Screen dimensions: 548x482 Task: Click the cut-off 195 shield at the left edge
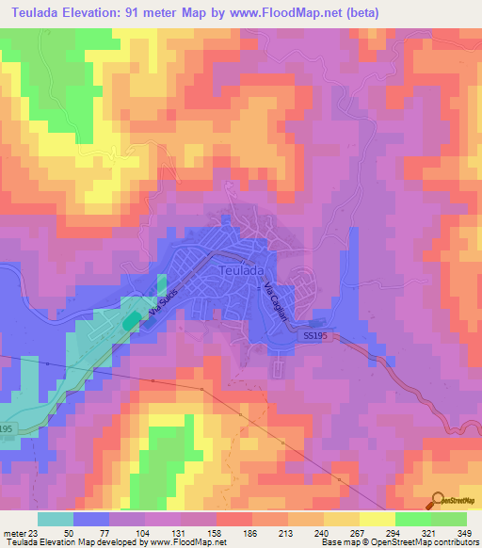tap(5, 428)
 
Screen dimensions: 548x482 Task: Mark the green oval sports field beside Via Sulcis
tap(128, 321)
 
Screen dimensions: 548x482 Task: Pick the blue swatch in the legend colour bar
tap(91, 519)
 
